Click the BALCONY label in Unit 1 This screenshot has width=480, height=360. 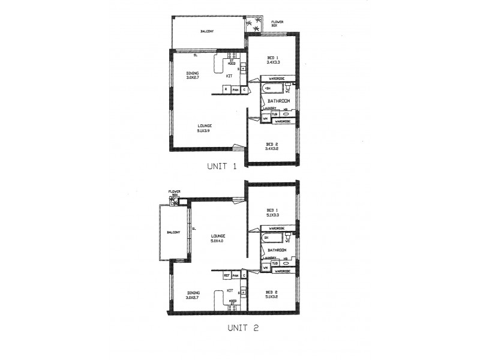tap(208, 31)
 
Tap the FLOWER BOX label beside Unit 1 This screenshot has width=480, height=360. tap(277, 23)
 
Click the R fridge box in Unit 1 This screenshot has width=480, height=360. tap(226, 89)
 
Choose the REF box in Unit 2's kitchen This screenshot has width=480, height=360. tap(227, 275)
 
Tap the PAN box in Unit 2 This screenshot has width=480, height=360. tap(236, 275)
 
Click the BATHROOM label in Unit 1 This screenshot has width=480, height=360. tap(279, 100)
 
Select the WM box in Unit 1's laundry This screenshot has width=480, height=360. tap(265, 118)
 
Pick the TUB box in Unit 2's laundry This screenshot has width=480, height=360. tap(274, 263)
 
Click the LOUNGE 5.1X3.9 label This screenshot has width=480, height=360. tap(205, 128)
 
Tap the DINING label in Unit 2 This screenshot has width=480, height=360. tap(193, 295)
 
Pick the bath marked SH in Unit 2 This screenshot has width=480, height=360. tap(272, 238)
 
